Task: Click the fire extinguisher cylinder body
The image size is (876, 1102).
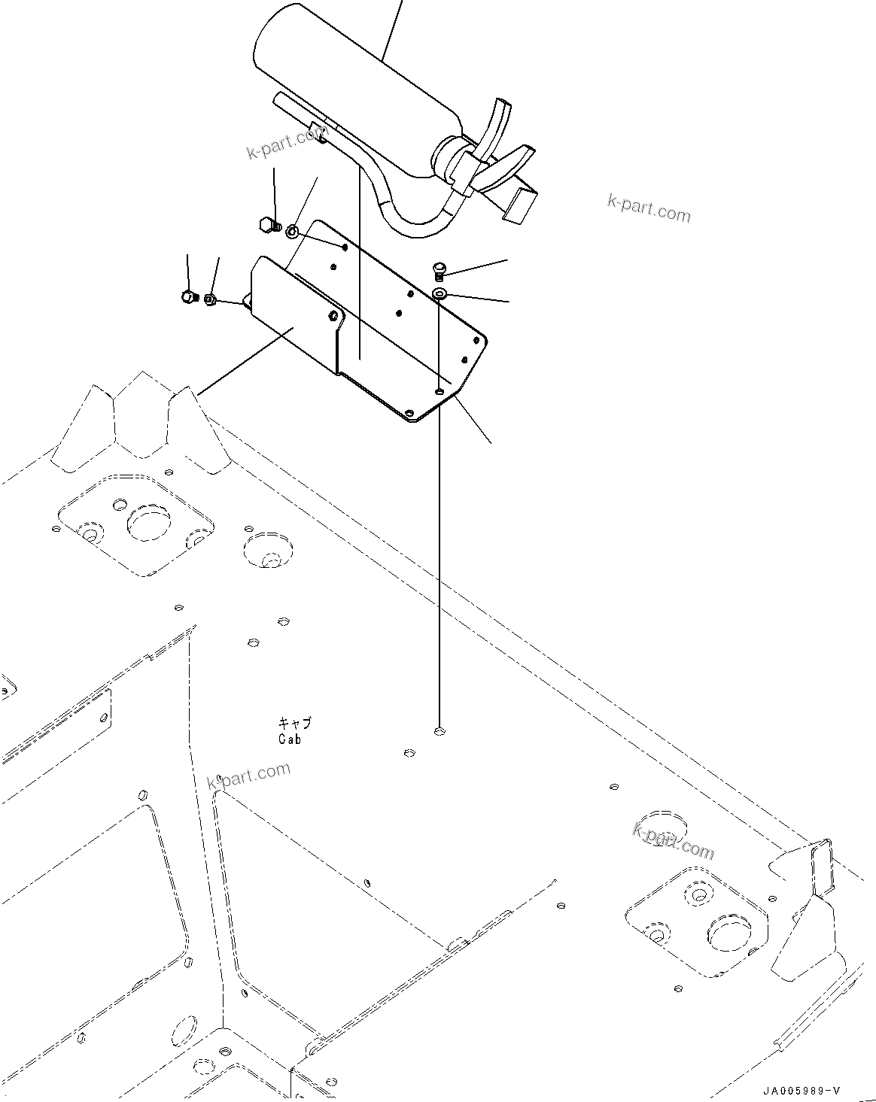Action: (x=354, y=83)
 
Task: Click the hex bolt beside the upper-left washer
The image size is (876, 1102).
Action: (x=266, y=224)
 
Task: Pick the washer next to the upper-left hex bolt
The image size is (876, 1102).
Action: (x=292, y=231)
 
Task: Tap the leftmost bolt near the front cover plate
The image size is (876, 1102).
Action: (x=188, y=297)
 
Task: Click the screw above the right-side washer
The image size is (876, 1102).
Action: (x=440, y=269)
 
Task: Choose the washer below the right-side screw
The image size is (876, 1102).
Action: (x=440, y=292)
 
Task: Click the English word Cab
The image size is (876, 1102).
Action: (x=289, y=739)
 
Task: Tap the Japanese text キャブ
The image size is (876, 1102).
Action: (x=294, y=723)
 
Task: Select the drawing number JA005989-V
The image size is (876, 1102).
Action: (x=801, y=1091)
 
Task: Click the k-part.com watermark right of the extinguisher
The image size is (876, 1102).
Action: (x=649, y=208)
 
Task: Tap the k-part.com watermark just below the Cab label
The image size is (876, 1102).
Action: (x=248, y=776)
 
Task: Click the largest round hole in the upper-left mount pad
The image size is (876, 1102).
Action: (x=147, y=523)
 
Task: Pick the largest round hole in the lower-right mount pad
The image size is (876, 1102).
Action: (x=729, y=934)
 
